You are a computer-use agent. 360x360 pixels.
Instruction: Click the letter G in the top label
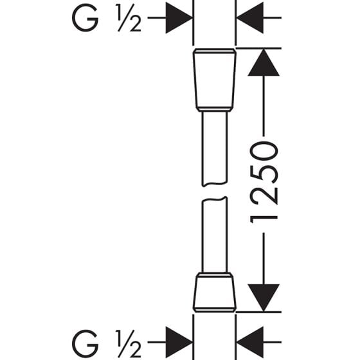coord(85,18)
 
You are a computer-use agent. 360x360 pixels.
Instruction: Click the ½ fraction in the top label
coord(129,18)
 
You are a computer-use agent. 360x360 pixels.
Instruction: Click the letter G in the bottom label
coord(85,343)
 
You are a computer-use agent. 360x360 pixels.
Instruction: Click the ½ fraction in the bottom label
coord(129,343)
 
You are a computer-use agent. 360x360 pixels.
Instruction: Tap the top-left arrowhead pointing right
coord(179,18)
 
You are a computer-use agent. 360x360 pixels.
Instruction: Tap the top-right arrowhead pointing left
coord(250,18)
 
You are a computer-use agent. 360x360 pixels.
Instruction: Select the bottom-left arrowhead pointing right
coord(179,342)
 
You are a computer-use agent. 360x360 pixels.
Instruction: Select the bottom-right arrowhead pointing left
coord(250,342)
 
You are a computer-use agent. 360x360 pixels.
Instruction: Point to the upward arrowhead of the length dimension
coord(264,62)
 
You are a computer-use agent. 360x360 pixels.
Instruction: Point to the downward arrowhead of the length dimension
coord(264,298)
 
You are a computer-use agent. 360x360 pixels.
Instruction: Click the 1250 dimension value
coord(264,183)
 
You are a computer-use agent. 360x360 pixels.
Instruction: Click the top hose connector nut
coord(215,80)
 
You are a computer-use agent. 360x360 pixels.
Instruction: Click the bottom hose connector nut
coord(215,292)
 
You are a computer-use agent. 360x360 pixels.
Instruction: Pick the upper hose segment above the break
coord(215,148)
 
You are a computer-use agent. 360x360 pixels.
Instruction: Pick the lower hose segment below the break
coord(215,235)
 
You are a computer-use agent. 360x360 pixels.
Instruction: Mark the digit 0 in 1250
coord(264,151)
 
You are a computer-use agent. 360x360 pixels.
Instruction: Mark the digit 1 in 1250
coord(264,220)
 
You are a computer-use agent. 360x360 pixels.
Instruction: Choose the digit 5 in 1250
coord(264,174)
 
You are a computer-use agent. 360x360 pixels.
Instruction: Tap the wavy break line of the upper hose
coord(215,184)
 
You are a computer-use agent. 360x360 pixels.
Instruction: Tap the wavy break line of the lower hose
coord(215,199)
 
